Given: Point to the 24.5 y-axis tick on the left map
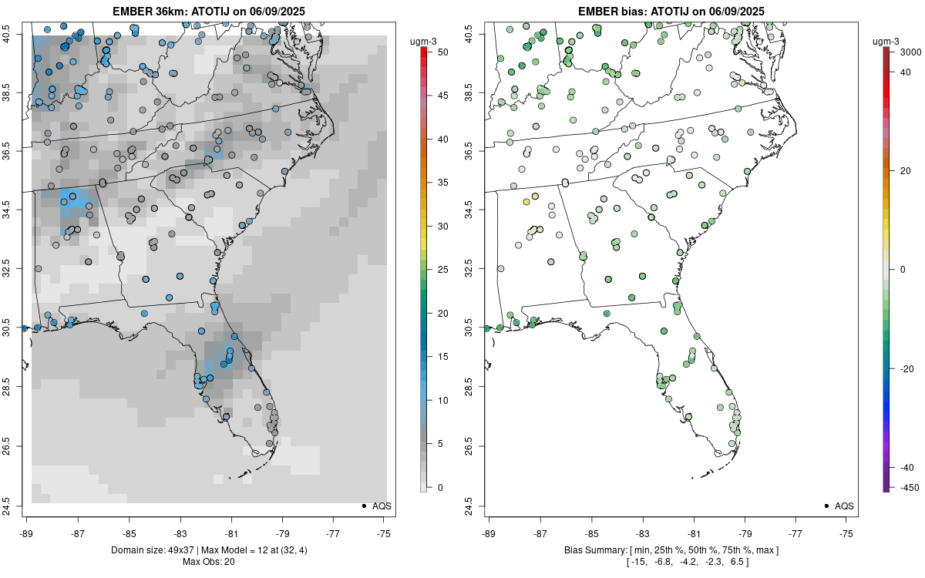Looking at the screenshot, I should click(x=14, y=506).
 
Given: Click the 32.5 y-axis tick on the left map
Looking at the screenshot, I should click(x=14, y=270).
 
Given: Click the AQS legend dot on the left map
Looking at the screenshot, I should click(x=363, y=506).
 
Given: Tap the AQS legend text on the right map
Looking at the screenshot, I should click(x=844, y=506).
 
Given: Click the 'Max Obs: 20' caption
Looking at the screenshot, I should click(x=208, y=561).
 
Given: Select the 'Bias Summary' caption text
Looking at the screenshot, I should click(x=594, y=550).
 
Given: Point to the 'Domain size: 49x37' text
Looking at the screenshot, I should click(x=155, y=550).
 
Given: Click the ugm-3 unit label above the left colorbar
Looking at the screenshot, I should click(x=423, y=40).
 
